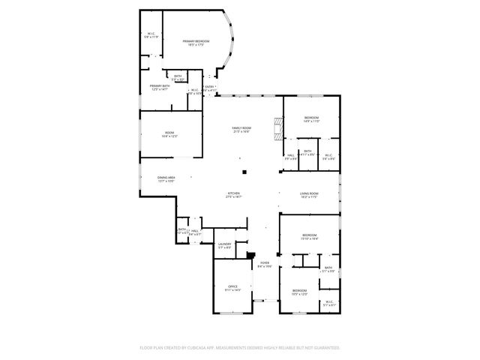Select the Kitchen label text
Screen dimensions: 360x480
click(234, 193)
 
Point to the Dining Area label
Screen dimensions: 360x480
click(166, 178)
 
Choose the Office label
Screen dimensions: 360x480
click(232, 286)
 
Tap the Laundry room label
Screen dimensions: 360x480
click(223, 244)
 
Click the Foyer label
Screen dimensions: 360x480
click(265, 262)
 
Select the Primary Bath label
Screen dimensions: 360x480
click(160, 86)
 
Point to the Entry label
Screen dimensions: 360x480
click(211, 86)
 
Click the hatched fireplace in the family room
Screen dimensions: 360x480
click(279, 132)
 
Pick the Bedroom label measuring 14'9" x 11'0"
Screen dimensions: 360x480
click(311, 118)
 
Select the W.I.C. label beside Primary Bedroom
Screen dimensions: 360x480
click(150, 34)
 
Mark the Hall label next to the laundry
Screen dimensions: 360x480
click(194, 231)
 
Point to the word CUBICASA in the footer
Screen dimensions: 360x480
click(202, 348)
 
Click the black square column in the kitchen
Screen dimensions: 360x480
click(244, 172)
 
